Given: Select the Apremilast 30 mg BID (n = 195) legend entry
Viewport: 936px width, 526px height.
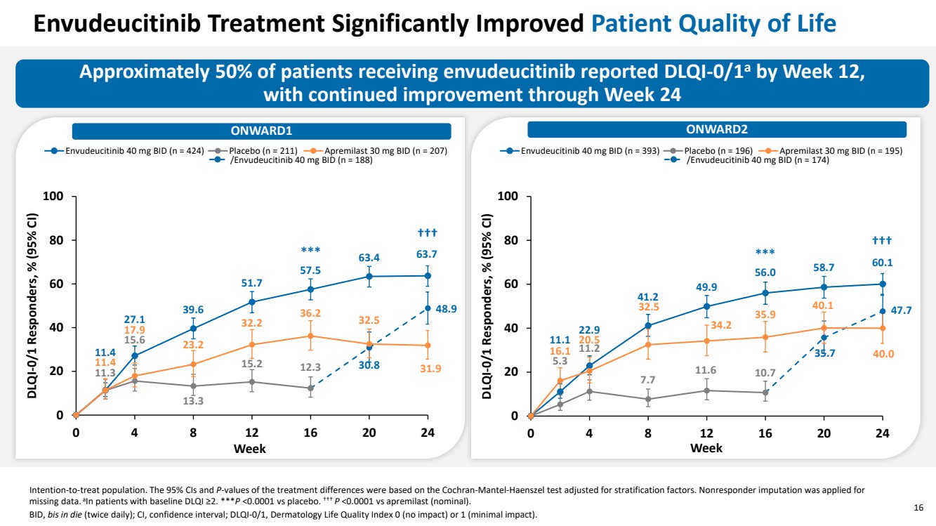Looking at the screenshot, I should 840,150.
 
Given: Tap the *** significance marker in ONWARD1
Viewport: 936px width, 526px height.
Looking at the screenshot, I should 310,251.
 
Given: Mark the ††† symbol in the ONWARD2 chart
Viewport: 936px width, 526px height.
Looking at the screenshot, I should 881,241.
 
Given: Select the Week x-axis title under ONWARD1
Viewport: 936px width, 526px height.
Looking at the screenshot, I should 251,448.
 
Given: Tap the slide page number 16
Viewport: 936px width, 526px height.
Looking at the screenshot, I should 918,508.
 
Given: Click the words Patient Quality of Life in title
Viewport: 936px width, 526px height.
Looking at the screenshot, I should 713,24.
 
